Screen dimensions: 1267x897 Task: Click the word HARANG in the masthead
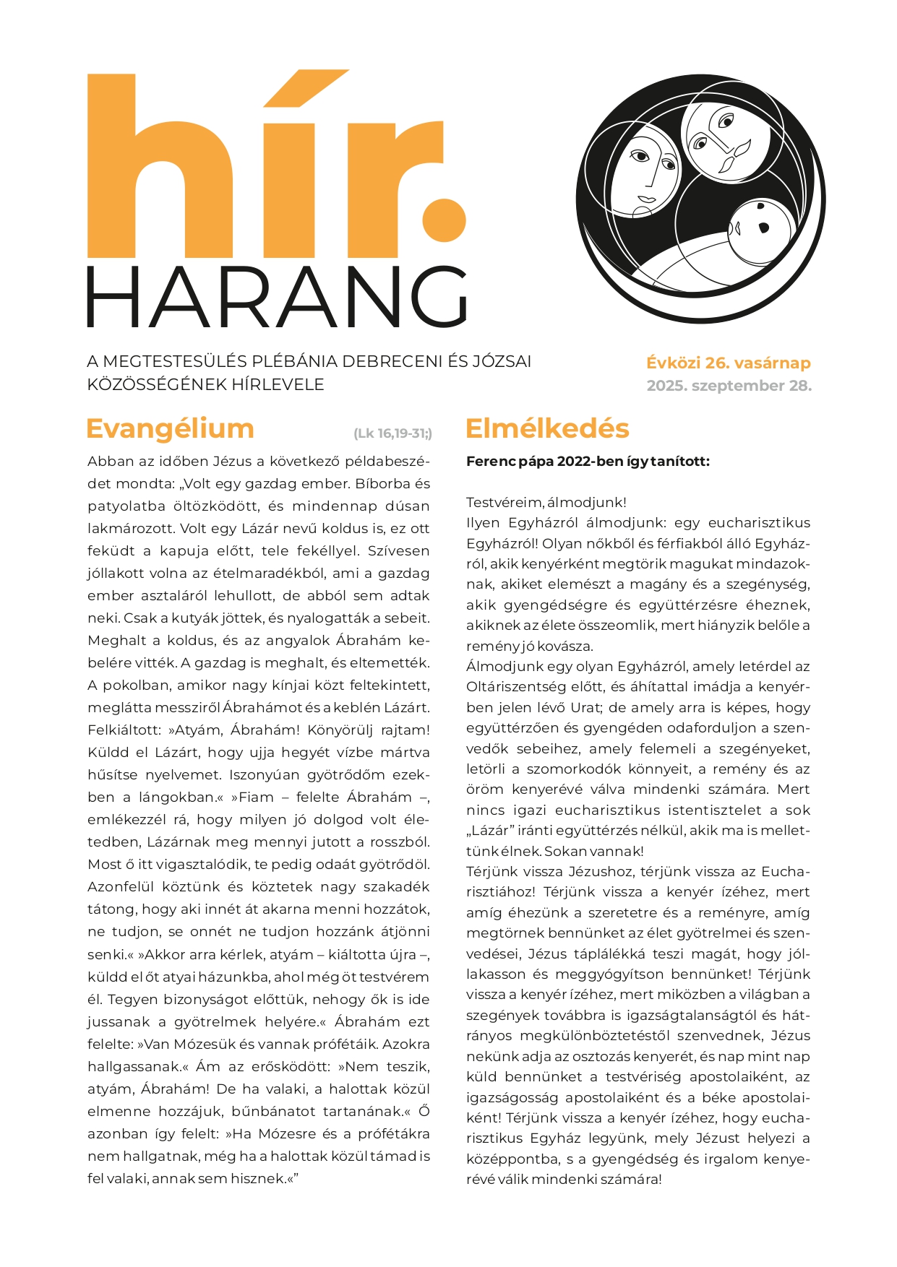(x=277, y=297)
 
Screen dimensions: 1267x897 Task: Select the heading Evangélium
(x=170, y=428)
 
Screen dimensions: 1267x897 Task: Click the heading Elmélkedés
(x=547, y=428)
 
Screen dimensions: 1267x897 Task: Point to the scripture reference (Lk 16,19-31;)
(x=392, y=433)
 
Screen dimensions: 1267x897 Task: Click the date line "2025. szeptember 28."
(x=729, y=386)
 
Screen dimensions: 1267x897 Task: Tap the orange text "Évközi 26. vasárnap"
(x=729, y=363)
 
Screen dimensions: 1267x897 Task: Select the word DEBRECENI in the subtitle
(x=392, y=361)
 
